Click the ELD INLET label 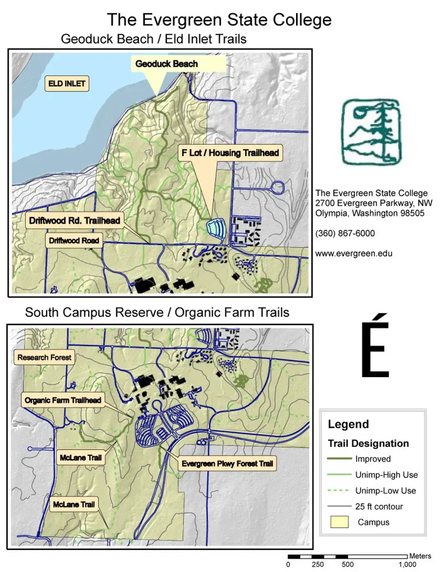tap(67, 84)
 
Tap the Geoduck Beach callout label tap(166, 63)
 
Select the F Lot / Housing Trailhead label tap(230, 153)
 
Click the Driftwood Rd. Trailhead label tap(74, 221)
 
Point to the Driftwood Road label tap(74, 241)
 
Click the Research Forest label tap(44, 357)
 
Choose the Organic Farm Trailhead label tap(63, 400)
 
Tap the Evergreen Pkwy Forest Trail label tap(227, 463)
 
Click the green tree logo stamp tap(371, 131)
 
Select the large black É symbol tap(374, 347)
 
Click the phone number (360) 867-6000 tap(345, 234)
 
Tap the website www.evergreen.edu tap(354, 254)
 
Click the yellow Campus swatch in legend tap(339, 522)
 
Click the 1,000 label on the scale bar tap(408, 564)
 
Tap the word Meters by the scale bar tap(420, 556)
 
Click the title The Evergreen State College tap(219, 20)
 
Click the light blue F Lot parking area tap(216, 227)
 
